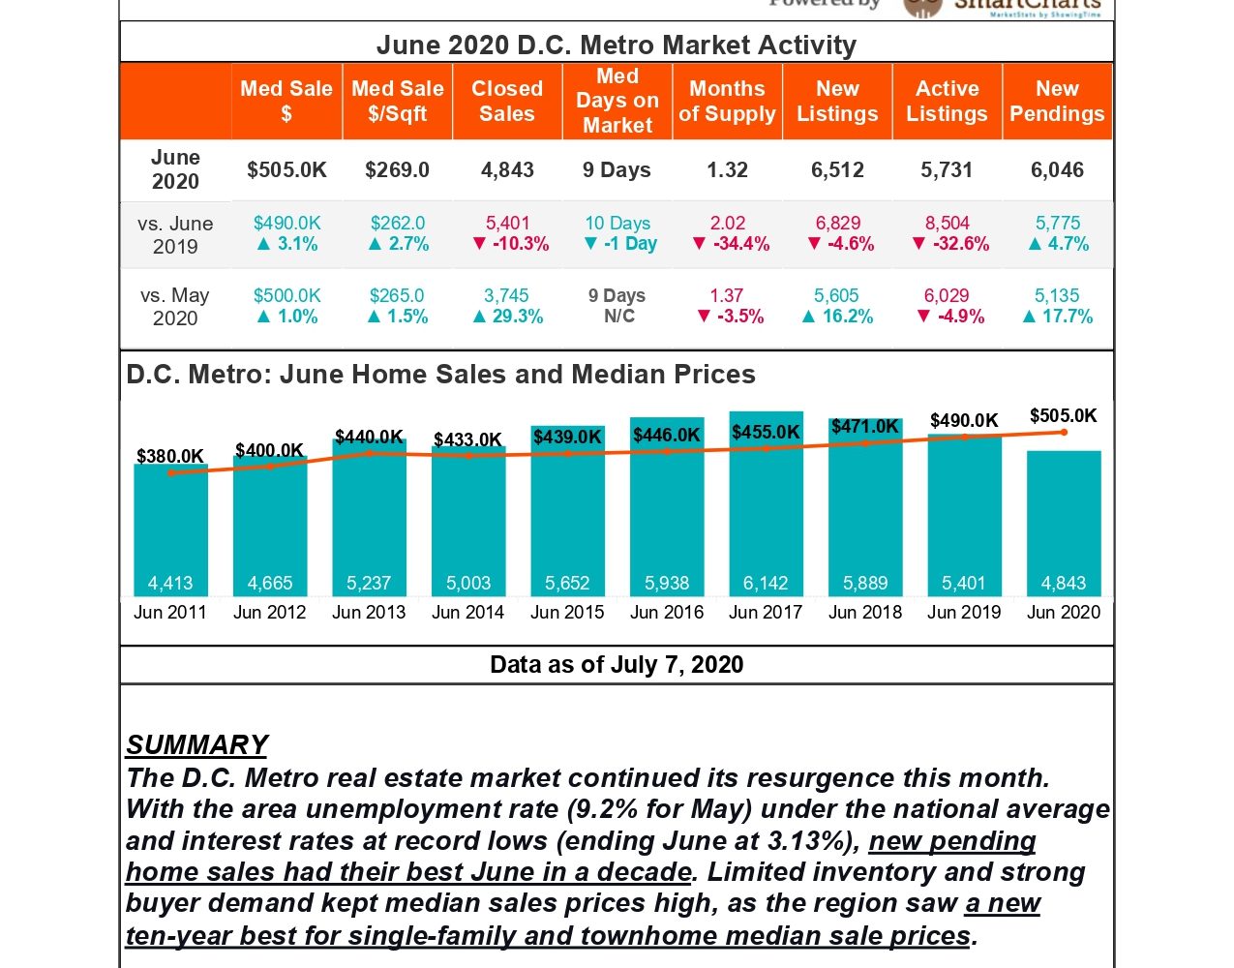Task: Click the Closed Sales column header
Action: point(507,102)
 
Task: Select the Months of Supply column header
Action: point(727,102)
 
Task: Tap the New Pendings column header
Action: point(1057,102)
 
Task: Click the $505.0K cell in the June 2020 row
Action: point(286,170)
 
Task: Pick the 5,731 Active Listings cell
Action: point(947,170)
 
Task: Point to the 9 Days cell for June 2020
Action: point(617,170)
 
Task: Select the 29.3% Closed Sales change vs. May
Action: point(508,317)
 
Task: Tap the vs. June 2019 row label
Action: point(175,234)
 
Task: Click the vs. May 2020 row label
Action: point(175,307)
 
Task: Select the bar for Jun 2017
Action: point(766,503)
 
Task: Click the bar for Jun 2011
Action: point(170,528)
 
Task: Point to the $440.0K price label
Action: point(369,438)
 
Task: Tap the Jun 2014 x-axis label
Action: point(467,612)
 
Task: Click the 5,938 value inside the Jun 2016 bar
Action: point(667,583)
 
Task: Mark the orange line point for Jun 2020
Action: point(1064,432)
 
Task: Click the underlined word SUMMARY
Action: point(197,744)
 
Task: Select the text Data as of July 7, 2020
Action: point(617,665)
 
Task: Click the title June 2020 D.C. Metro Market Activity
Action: point(617,45)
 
